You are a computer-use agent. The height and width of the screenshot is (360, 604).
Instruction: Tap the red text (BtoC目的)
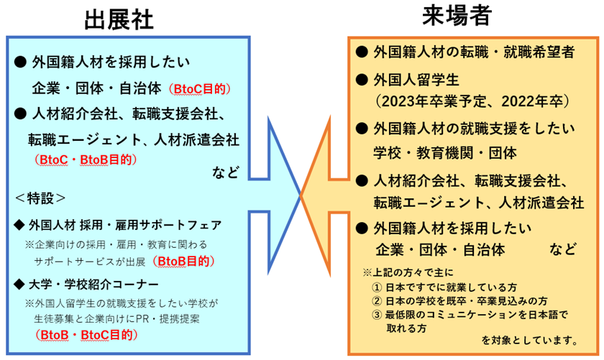[x=198, y=89]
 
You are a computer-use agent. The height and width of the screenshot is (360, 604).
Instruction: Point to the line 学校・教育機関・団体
[x=445, y=152]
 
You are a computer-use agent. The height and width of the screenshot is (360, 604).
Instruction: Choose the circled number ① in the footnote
[x=376, y=287]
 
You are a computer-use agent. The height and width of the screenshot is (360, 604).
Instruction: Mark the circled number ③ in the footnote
[x=376, y=314]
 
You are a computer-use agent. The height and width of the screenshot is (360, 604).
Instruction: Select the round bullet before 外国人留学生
[x=362, y=77]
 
